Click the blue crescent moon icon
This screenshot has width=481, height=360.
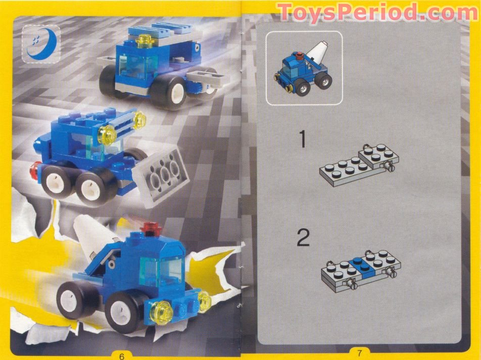[x=41, y=44]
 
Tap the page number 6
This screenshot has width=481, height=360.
[x=122, y=355]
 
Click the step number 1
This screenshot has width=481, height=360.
[x=302, y=139]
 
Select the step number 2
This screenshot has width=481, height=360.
[x=303, y=238]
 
